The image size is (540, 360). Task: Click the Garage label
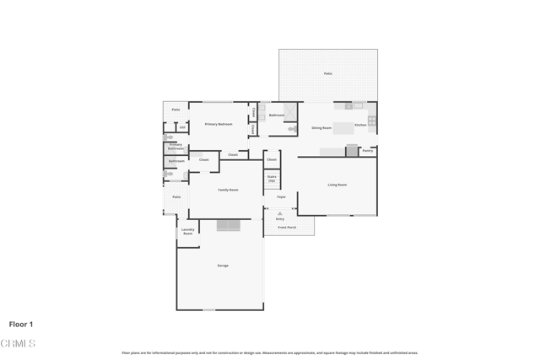tap(223, 266)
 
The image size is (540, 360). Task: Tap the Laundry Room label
tap(188, 231)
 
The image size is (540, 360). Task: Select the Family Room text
tap(228, 190)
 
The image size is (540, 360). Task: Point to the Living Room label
tap(337, 185)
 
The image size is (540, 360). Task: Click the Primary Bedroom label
tap(219, 124)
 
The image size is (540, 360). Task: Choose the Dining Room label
tap(321, 128)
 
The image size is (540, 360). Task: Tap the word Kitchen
tap(360, 125)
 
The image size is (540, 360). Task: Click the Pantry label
tap(368, 151)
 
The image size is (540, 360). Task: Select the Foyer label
tap(281, 197)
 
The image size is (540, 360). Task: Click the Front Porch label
tap(287, 227)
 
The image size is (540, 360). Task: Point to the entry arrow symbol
tap(280, 213)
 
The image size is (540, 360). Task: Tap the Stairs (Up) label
tap(272, 179)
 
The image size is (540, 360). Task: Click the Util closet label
tap(182, 127)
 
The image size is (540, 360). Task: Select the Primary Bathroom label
tap(175, 147)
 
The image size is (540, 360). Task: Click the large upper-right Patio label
tap(328, 73)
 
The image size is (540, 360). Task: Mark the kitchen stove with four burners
tap(371, 121)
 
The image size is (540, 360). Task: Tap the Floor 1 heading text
tap(21, 324)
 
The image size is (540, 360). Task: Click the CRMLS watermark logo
tap(18, 344)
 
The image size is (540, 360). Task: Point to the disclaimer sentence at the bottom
tap(270, 353)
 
